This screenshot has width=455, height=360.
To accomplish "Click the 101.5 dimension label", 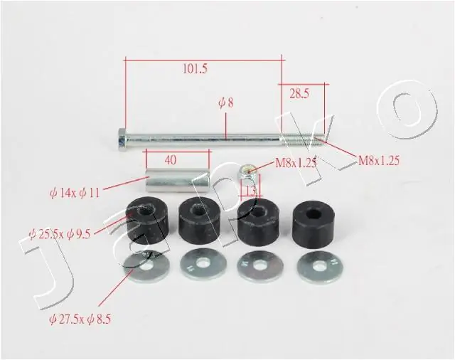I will click(194, 69).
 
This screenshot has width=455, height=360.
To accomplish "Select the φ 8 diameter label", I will click(225, 102).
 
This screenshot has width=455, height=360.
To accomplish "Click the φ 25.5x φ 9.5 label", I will click(61, 232).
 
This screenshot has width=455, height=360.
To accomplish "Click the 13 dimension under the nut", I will click(250, 190).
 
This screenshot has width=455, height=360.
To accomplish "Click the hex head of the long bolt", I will click(122, 139).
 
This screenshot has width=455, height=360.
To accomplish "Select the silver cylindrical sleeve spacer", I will click(178, 181).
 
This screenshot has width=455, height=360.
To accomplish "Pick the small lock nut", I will click(246, 171).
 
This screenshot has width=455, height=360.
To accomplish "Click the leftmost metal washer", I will click(146, 267).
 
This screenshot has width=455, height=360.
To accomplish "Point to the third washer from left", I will click(261, 266).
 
